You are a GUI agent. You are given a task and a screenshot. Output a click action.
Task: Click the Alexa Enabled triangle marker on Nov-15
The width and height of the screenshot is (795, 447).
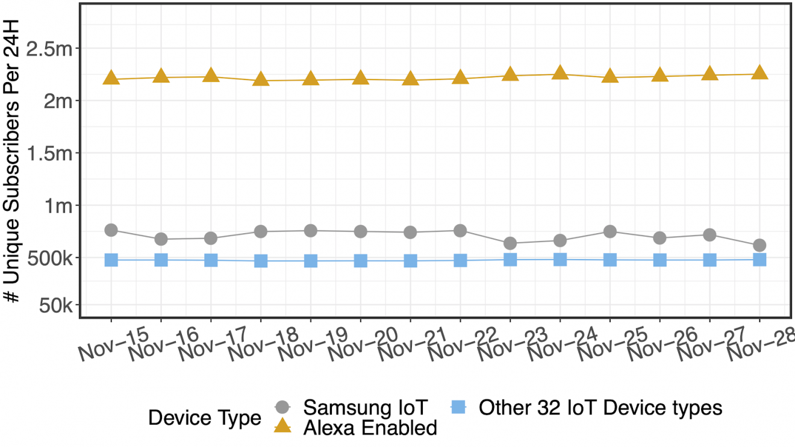tap(111, 78)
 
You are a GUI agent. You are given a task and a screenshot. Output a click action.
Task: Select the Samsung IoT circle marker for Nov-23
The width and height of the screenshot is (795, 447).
tap(510, 243)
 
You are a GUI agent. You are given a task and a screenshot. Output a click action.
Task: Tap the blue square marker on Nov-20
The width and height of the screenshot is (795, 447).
tap(361, 261)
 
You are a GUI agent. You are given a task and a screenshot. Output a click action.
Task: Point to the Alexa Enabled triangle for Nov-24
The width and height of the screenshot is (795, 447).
tap(560, 73)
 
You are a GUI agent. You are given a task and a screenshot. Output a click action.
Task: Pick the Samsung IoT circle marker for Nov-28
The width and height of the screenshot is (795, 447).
tap(759, 245)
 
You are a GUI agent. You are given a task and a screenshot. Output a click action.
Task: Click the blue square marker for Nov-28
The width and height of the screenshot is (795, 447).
tap(759, 260)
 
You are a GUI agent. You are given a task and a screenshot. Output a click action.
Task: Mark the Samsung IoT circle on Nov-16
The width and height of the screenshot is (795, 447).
tap(161, 239)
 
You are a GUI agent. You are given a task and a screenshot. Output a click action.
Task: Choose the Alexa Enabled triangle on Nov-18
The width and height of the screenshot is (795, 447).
tap(261, 79)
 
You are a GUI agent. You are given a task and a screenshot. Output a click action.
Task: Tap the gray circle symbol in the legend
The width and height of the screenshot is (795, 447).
tap(283, 407)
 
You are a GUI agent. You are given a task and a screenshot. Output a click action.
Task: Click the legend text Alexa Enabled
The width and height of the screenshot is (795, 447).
tap(370, 427)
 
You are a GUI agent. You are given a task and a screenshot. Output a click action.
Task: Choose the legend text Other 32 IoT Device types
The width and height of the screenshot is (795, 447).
tap(600, 407)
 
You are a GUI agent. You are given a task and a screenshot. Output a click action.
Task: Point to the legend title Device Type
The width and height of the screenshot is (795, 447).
tap(205, 417)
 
